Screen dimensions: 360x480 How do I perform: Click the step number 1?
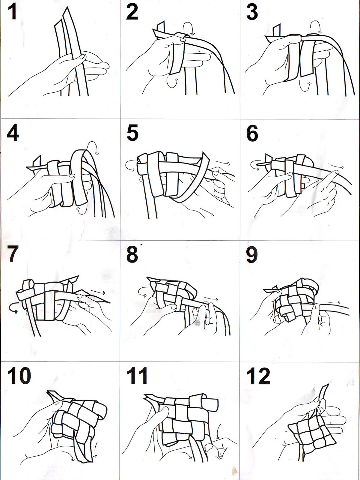(13, 12)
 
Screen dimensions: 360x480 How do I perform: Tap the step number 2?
(132, 12)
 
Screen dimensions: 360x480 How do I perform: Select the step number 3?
(252, 12)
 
